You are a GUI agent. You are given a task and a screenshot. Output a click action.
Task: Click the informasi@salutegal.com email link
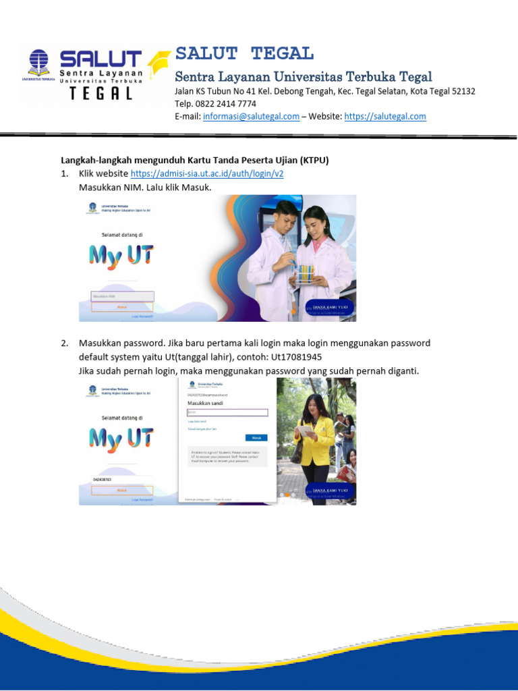(251, 116)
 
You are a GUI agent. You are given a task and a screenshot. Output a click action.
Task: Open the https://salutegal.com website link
(385, 116)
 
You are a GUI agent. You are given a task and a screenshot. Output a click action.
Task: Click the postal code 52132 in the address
(461, 91)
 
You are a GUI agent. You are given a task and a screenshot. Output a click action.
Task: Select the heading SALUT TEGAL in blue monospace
(244, 54)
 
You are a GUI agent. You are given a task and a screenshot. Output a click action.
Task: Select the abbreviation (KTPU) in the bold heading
(314, 160)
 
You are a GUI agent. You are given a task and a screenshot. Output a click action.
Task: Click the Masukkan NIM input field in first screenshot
(122, 296)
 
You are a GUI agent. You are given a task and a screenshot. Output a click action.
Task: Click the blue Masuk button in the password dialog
(256, 437)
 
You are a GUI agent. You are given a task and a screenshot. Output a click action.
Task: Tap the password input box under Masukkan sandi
(227, 412)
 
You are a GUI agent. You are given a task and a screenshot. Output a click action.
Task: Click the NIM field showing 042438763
(122, 480)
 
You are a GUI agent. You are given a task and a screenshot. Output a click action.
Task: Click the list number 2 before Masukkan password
(65, 343)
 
